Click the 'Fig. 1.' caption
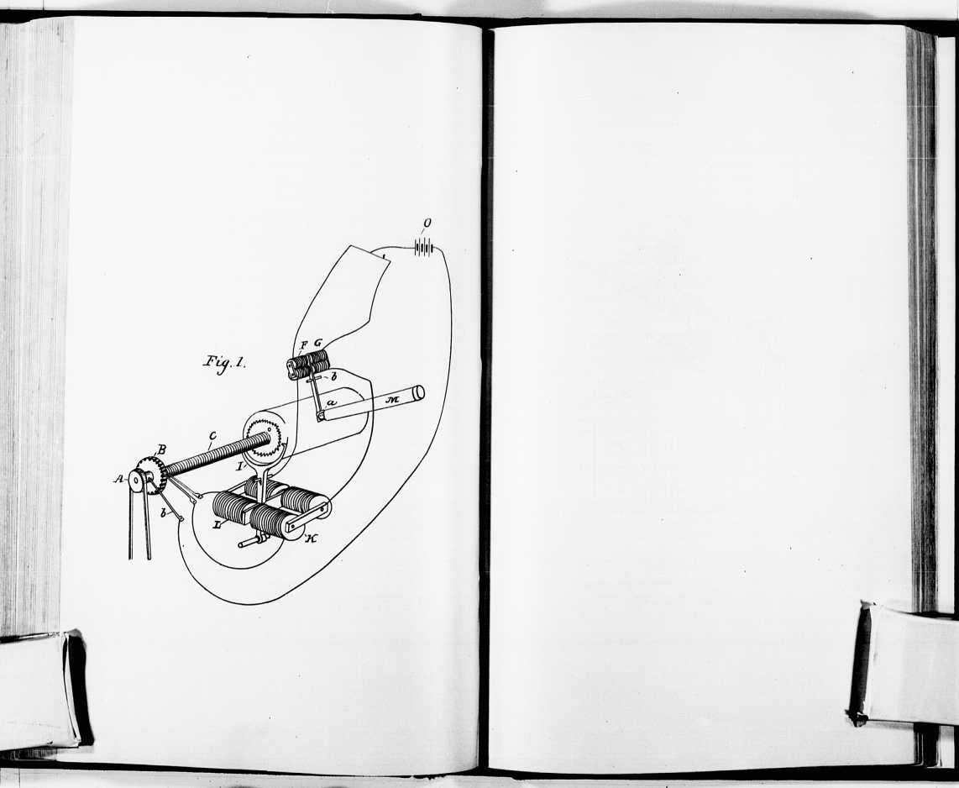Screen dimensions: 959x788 point(224,364)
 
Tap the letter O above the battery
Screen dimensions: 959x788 point(427,223)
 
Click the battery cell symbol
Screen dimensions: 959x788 point(424,248)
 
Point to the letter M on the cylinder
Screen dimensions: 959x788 point(393,400)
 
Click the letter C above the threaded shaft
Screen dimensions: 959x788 point(212,436)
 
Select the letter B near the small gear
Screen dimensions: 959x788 point(161,449)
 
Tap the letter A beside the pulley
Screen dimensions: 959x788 point(118,479)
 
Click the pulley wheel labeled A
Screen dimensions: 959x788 point(136,481)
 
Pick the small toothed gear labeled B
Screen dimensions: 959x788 point(152,475)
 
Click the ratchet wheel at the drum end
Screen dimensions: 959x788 point(265,438)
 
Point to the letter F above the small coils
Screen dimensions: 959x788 point(304,344)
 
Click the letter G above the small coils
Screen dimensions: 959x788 point(317,344)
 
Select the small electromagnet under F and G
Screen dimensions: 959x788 point(308,365)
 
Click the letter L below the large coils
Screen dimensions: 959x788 point(217,524)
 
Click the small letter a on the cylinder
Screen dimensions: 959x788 point(331,403)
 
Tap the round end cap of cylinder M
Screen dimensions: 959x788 point(418,393)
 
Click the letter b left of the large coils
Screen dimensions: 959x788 point(163,512)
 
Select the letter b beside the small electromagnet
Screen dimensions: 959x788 point(334,377)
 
